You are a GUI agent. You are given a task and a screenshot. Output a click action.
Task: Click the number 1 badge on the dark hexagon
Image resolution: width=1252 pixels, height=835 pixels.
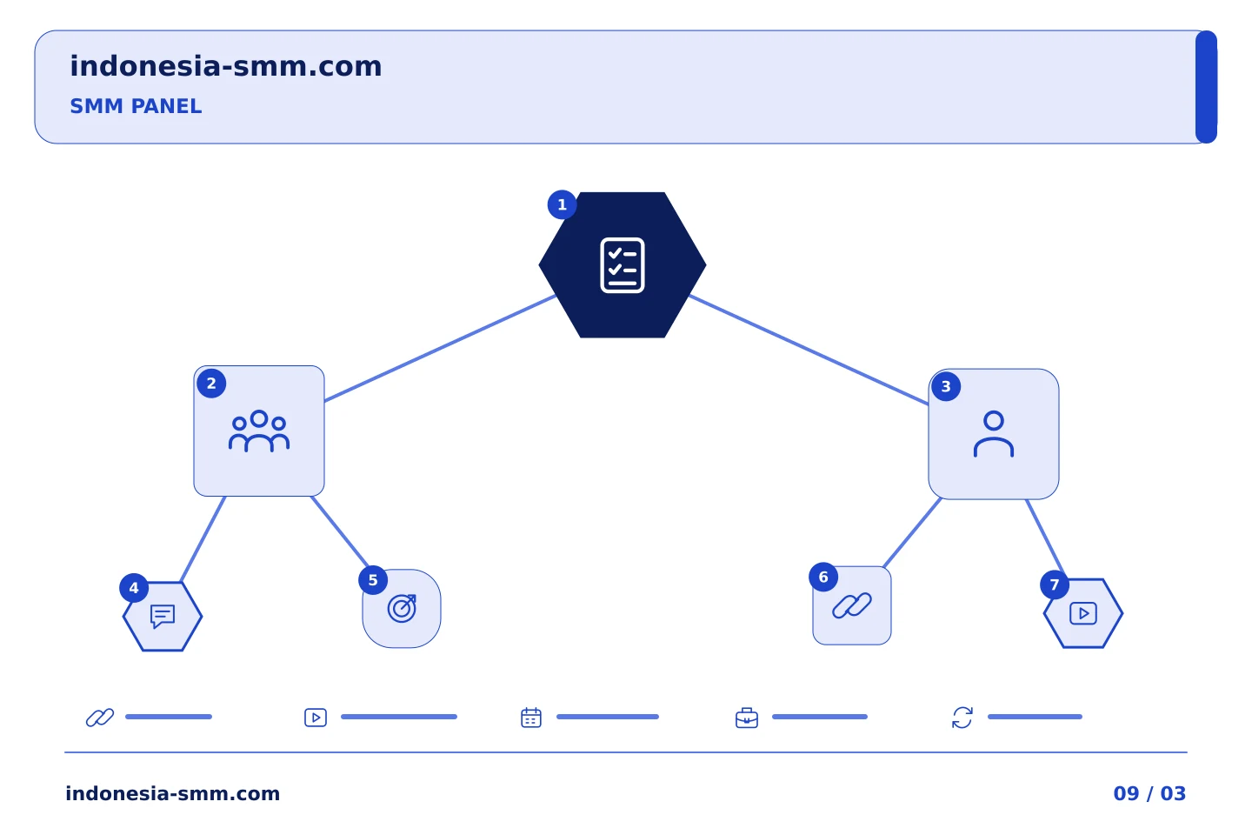(x=562, y=204)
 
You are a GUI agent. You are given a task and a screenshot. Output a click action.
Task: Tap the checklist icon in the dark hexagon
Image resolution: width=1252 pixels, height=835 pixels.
(x=623, y=265)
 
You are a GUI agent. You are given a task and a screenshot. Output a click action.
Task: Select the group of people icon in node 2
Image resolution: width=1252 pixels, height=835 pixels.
(x=259, y=431)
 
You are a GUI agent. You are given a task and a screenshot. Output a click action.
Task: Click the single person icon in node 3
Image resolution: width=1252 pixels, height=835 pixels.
(x=993, y=434)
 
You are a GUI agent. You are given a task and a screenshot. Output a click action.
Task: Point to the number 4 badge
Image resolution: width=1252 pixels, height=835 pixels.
(x=134, y=588)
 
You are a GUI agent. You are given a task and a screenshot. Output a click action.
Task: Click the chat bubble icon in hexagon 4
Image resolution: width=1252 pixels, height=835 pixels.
(x=163, y=617)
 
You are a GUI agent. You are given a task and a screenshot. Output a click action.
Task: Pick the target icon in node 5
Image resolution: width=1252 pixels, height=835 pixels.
(x=402, y=609)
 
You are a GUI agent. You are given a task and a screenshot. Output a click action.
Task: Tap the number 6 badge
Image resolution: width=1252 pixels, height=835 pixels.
(x=823, y=578)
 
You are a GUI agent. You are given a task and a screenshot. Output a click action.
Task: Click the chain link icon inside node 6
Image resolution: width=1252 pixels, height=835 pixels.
(x=852, y=605)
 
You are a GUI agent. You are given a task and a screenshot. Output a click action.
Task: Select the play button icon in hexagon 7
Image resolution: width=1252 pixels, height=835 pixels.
(x=1083, y=613)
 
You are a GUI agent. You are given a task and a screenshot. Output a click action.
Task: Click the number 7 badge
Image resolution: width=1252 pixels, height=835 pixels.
(x=1055, y=585)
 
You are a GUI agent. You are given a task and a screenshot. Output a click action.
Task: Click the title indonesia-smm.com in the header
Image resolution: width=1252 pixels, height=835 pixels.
(x=226, y=66)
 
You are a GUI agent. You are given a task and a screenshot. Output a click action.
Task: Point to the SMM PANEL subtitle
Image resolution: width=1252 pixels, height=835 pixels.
(x=136, y=106)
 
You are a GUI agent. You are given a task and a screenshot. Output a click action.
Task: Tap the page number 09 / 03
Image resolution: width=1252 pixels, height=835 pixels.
(x=1149, y=793)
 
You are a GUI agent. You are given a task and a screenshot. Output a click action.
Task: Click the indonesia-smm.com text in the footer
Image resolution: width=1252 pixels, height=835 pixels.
(x=173, y=793)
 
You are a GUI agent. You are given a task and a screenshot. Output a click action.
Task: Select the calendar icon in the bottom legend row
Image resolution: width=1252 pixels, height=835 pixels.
(x=531, y=718)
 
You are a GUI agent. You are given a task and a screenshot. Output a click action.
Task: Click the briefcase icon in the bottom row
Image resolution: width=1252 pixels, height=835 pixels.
(x=747, y=718)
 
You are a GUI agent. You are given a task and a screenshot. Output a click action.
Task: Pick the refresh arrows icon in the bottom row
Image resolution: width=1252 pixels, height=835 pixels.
(x=962, y=718)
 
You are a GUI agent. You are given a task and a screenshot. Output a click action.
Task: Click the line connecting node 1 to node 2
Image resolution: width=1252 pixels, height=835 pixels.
(x=440, y=348)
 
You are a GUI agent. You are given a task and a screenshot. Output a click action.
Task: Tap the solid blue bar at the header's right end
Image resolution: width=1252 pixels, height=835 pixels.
(x=1206, y=87)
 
